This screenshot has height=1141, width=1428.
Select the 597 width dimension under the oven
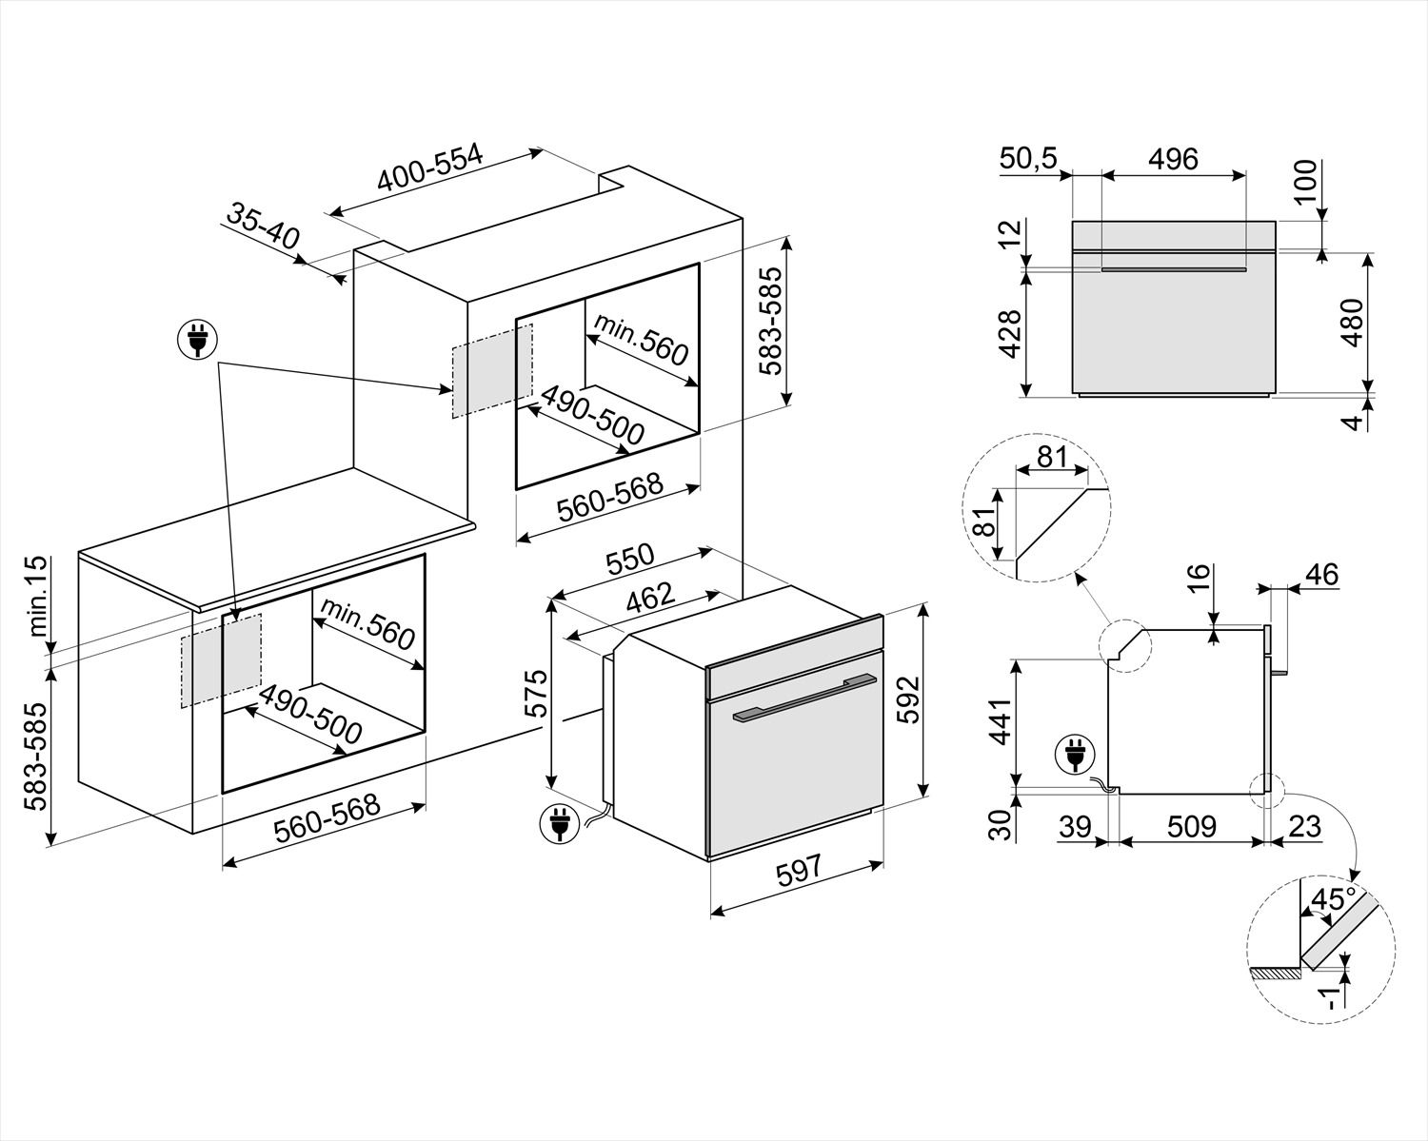tap(796, 873)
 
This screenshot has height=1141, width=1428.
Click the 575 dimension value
tap(538, 694)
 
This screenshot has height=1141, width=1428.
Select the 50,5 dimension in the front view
tap(1028, 159)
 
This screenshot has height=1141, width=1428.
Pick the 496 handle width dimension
tap(1173, 159)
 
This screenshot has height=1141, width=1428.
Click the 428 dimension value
tap(1011, 333)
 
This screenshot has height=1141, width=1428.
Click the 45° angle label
tap(1333, 899)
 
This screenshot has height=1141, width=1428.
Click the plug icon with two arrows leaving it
tap(197, 338)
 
